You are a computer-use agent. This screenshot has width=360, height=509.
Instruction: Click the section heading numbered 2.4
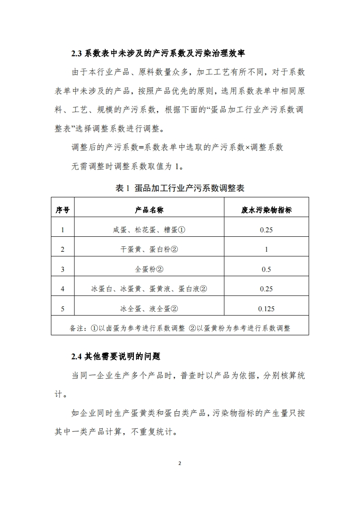pyautogui.click(x=116, y=356)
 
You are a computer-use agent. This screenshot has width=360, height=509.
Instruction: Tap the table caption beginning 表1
pyautogui.click(x=180, y=188)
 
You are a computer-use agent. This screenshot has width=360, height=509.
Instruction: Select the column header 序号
pyautogui.click(x=63, y=210)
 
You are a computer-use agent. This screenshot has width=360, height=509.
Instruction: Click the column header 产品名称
pyautogui.click(x=149, y=210)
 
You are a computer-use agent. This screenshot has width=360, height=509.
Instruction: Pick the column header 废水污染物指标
pyautogui.click(x=266, y=210)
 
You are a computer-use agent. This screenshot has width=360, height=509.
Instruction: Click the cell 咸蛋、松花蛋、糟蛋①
pyautogui.click(x=149, y=230)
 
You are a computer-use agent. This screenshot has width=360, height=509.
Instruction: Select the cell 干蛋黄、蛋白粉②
pyautogui.click(x=149, y=249)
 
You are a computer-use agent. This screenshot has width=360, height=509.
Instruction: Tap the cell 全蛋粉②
pyautogui.click(x=149, y=269)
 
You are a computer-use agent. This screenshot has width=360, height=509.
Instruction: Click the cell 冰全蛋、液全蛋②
pyautogui.click(x=149, y=309)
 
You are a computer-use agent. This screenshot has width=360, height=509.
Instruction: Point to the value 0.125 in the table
pyautogui.click(x=266, y=309)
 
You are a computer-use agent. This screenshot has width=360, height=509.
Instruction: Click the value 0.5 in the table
pyautogui.click(x=266, y=269)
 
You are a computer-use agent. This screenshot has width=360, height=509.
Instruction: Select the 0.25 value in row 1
pyautogui.click(x=266, y=230)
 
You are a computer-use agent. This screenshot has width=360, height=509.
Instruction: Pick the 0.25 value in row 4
pyautogui.click(x=266, y=289)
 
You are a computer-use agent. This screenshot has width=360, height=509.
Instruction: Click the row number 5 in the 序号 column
pyautogui.click(x=63, y=309)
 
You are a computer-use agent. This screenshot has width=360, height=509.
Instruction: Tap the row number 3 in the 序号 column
pyautogui.click(x=63, y=269)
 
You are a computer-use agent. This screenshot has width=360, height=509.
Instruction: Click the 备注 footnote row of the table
pyautogui.click(x=180, y=328)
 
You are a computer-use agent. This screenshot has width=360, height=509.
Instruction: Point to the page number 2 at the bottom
pyautogui.click(x=180, y=463)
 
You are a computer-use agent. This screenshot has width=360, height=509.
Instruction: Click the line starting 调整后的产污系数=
pyautogui.click(x=178, y=147)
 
